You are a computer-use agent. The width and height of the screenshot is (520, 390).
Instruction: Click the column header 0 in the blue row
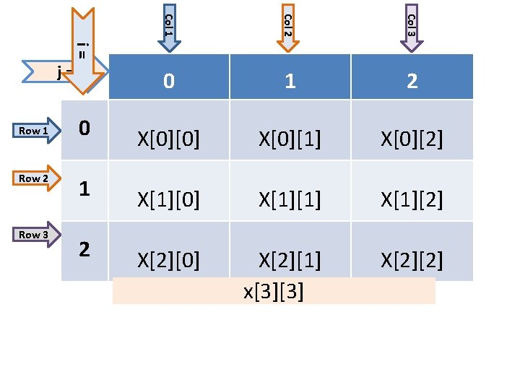pos(168,81)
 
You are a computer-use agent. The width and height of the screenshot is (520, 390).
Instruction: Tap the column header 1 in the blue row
pos(290,81)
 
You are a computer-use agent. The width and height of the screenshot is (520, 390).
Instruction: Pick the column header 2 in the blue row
pos(412,81)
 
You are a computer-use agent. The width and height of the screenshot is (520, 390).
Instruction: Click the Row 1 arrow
pos(35,131)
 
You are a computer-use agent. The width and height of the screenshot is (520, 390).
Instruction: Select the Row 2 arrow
pos(35,178)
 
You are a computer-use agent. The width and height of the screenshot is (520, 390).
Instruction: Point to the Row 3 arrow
pos(35,235)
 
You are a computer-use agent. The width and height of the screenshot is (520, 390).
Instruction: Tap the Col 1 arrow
pos(168,27)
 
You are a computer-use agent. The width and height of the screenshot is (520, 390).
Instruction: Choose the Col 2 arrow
pos(287,27)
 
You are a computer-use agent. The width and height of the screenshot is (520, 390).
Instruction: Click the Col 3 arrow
pos(411,27)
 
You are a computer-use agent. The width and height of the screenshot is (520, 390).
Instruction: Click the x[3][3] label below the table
pos(274,292)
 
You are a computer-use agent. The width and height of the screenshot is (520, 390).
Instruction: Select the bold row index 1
pos(84,189)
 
